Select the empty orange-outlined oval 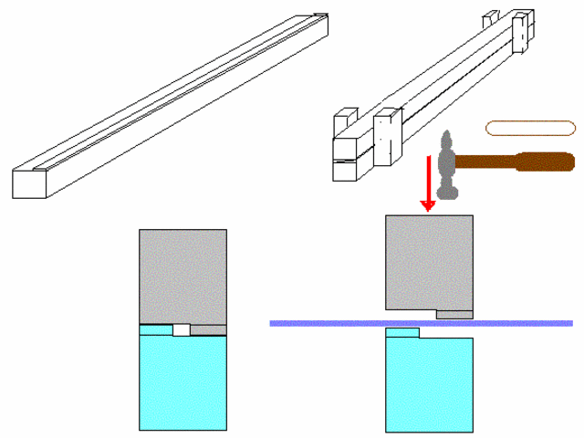tap(529, 129)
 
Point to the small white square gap tap(181, 329)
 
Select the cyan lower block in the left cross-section tap(182, 383)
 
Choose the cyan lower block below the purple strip tap(428, 383)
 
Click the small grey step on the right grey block tap(454, 315)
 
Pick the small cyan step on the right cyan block tap(401, 332)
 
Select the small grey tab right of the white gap tap(207, 329)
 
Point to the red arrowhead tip tap(428, 209)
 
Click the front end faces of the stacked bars tap(344, 161)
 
